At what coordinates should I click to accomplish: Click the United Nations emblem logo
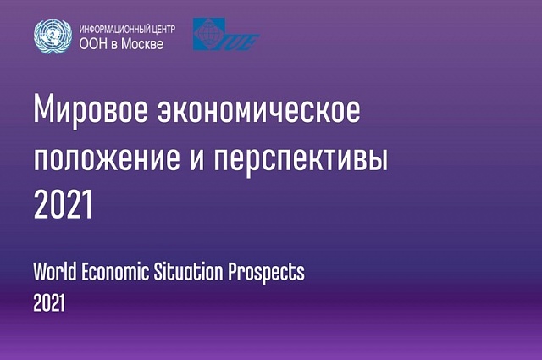coord(53,36)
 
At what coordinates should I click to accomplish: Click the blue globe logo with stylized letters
coord(226,34)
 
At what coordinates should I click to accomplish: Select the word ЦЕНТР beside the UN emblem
coord(163,29)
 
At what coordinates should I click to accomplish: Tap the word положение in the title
coord(107,159)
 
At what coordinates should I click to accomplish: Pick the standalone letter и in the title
coord(196,159)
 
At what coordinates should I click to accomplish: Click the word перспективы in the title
coord(301,161)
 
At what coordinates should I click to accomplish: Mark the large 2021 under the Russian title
coord(63,204)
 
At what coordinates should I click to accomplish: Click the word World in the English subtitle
coord(54,271)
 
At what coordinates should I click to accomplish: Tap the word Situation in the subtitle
coord(188,271)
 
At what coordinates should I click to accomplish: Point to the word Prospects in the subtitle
coord(266,274)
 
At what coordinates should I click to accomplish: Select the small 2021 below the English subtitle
coord(49,303)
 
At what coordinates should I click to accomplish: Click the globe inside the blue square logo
coord(207,34)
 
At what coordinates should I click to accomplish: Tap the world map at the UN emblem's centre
coord(53,35)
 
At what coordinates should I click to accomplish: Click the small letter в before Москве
coord(114,45)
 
